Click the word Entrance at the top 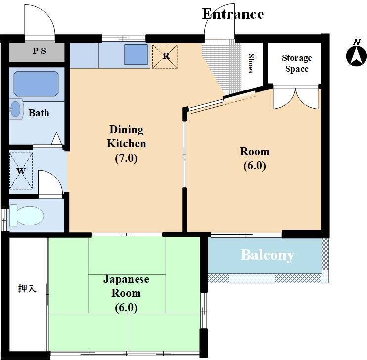233,14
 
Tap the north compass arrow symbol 356,56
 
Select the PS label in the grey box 39,51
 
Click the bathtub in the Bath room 36,84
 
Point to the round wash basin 16,109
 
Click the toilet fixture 26,216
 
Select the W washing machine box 21,171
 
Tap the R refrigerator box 165,56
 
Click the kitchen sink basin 136,54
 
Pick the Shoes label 251,63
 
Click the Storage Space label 297,63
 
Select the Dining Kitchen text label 127,136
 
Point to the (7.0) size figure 126,158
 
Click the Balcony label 268,255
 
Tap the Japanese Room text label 126,286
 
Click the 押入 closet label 27,288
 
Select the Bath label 39,113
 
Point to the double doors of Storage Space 296,98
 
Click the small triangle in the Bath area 56,138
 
